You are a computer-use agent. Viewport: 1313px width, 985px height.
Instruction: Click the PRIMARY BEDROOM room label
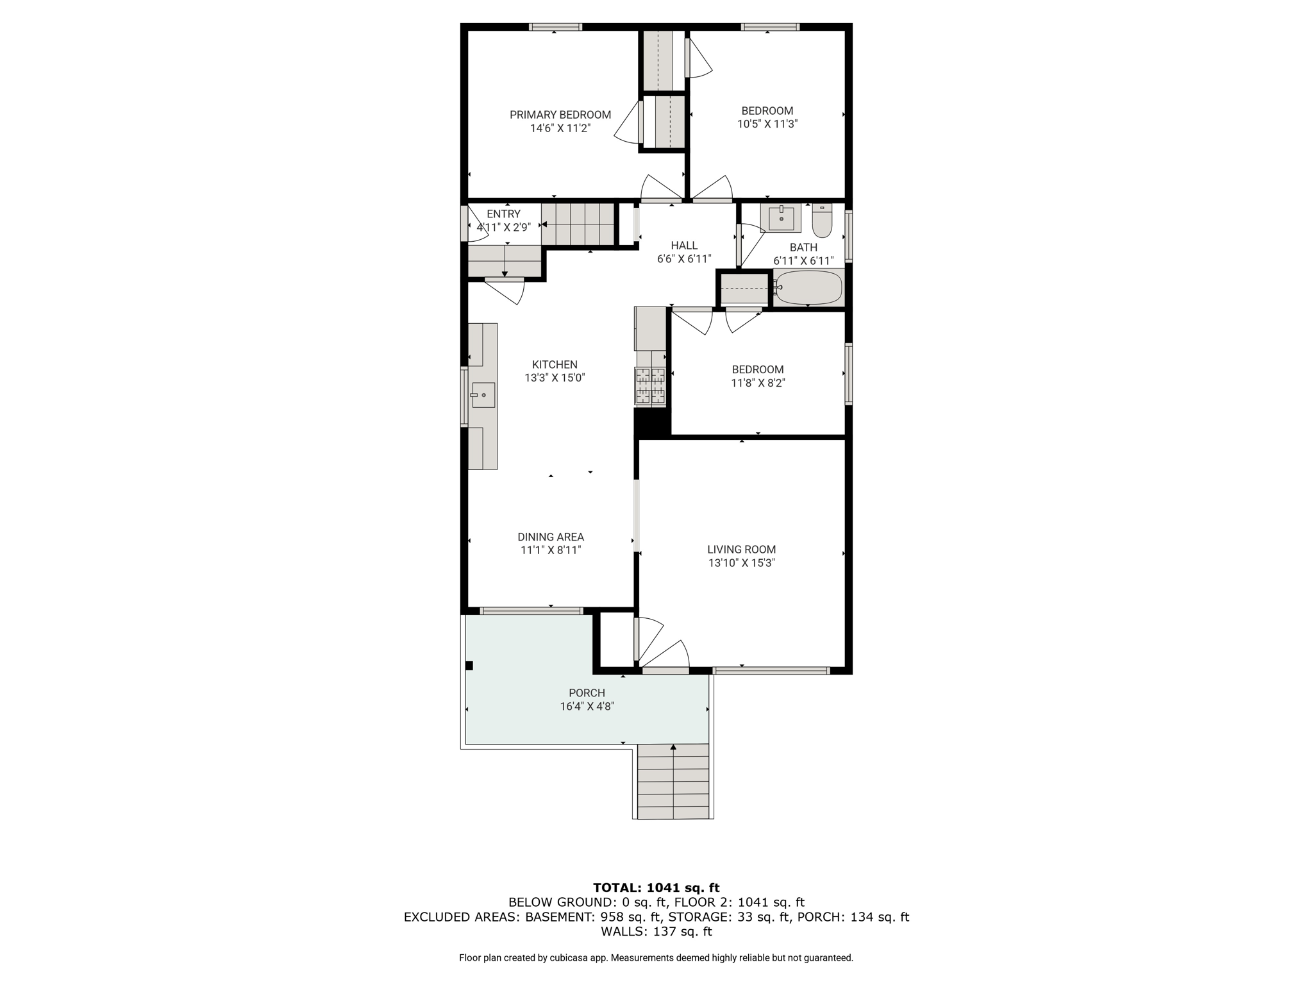pos(560,115)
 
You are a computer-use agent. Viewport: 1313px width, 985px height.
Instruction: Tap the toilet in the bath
pos(822,220)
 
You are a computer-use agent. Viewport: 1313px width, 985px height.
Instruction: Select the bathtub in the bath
pos(808,287)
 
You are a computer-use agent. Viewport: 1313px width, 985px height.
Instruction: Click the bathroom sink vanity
pos(781,218)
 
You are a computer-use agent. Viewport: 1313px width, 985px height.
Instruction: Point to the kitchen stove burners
pos(650,386)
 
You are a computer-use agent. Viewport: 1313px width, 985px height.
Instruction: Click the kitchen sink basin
pos(483,395)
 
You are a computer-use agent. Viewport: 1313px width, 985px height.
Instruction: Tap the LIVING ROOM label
pos(742,550)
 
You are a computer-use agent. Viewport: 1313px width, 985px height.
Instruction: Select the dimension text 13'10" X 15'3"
pos(742,563)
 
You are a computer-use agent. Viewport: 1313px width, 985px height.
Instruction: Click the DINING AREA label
pos(551,537)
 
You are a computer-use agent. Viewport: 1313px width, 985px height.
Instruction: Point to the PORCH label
pos(587,693)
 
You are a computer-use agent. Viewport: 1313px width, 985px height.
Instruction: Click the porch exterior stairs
pos(674,781)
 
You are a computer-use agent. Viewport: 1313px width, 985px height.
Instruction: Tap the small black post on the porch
pos(469,666)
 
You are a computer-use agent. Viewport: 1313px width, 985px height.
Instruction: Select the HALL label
pos(684,246)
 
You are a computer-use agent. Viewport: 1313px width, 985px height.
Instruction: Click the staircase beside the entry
pos(578,224)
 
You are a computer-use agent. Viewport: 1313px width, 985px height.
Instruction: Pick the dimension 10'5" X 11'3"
pos(767,124)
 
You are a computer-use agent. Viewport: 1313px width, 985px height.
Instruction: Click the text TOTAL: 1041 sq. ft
pos(656,888)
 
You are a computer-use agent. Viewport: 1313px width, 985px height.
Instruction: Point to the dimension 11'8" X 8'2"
pos(758,383)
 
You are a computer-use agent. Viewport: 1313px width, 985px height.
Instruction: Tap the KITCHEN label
pos(555,365)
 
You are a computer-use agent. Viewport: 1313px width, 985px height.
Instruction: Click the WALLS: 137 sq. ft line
pos(656,932)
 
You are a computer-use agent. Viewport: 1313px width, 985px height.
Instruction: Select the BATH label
pos(803,248)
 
